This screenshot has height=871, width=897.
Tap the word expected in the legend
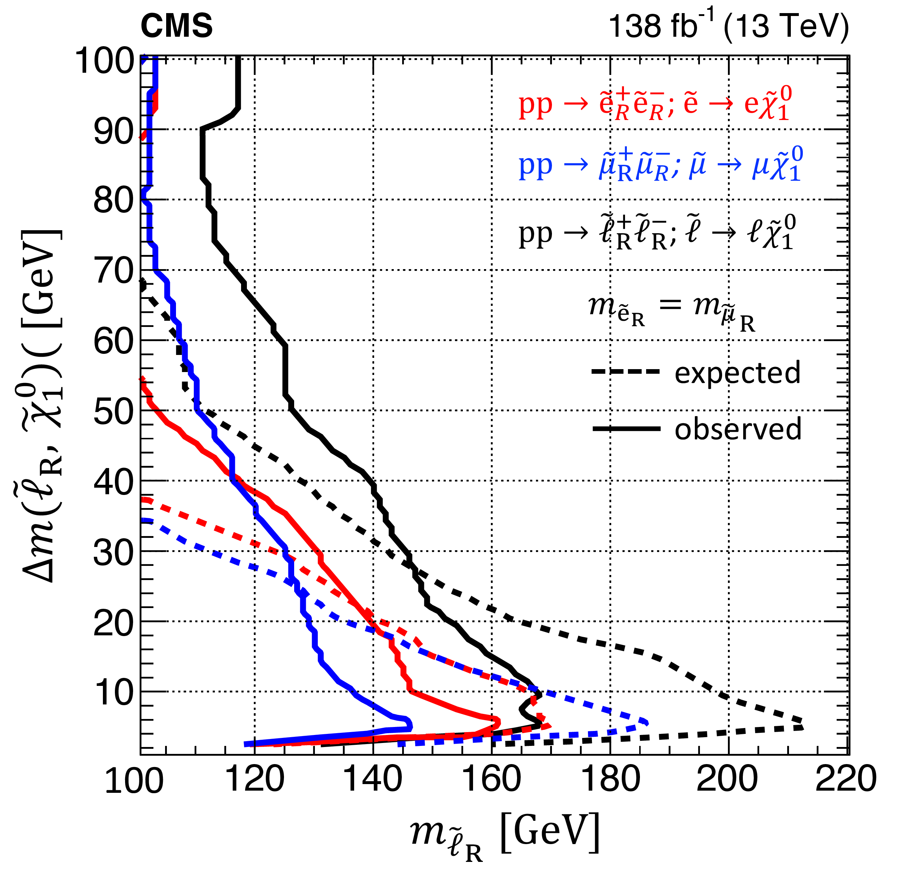[737, 373]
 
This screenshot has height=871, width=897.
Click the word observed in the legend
[738, 429]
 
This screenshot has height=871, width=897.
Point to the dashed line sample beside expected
[626, 372]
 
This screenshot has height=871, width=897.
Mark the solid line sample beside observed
[626, 429]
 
